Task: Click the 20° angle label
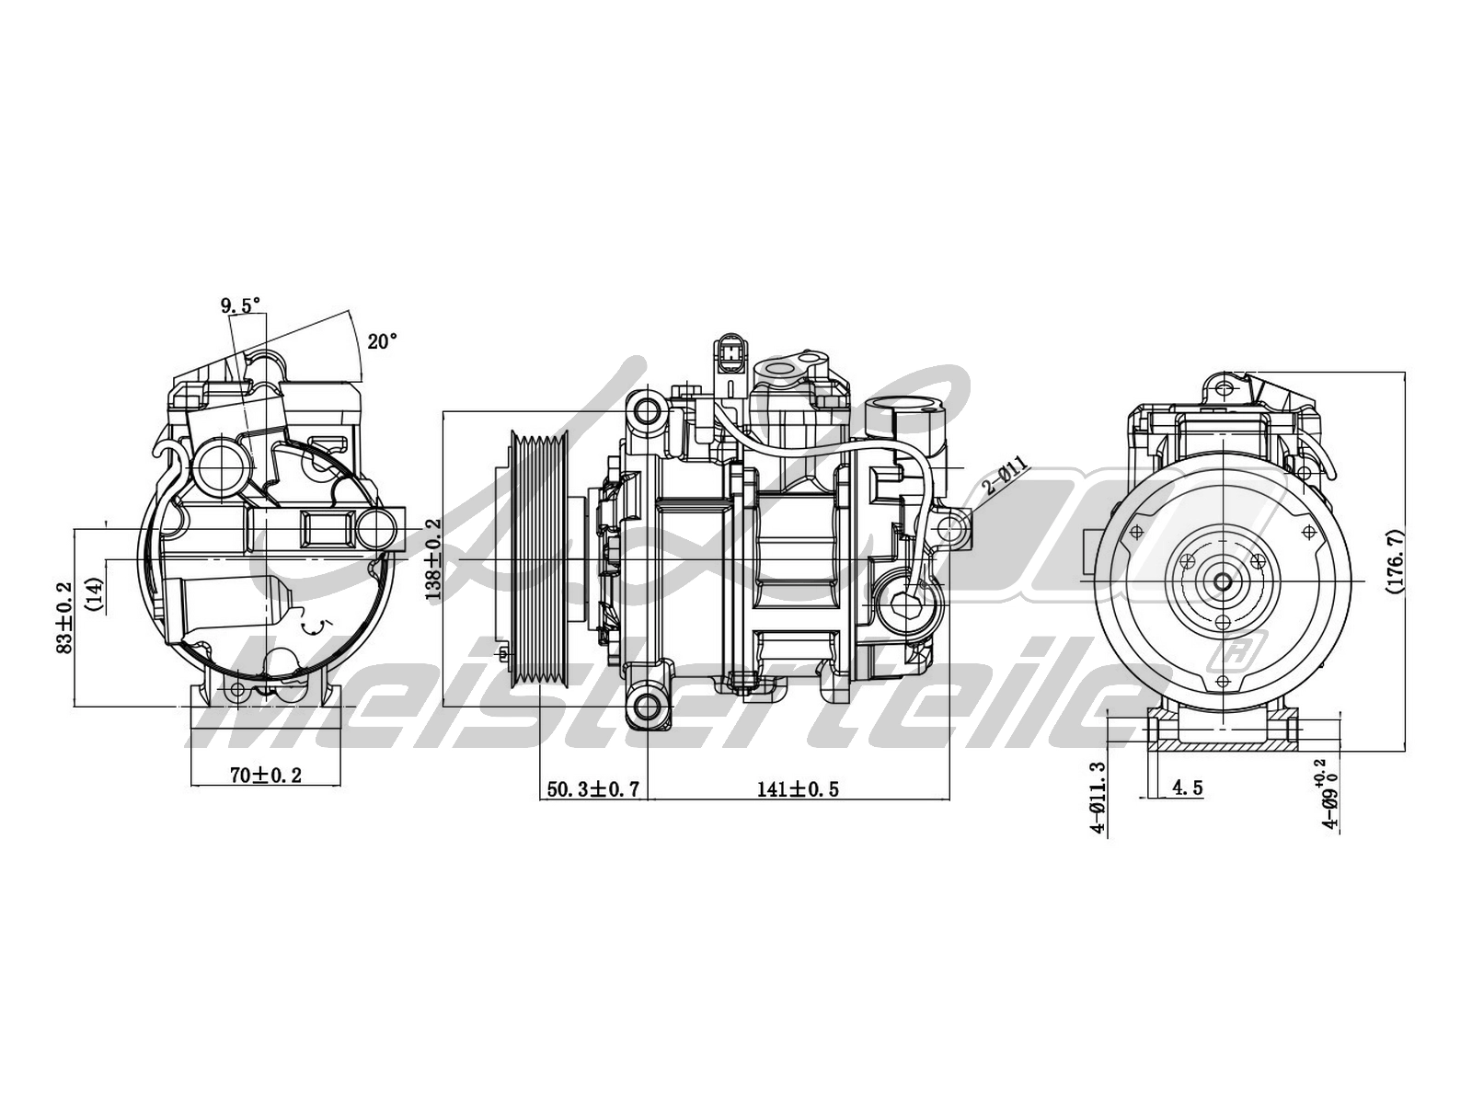click(383, 341)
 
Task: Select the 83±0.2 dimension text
click(63, 616)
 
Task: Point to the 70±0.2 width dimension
click(265, 776)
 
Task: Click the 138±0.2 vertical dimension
click(433, 558)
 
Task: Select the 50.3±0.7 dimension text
click(592, 788)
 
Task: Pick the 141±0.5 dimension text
click(798, 788)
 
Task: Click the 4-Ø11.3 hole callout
click(1097, 797)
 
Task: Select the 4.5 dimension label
click(1187, 788)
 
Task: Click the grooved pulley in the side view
click(540, 560)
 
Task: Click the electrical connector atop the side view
click(732, 355)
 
